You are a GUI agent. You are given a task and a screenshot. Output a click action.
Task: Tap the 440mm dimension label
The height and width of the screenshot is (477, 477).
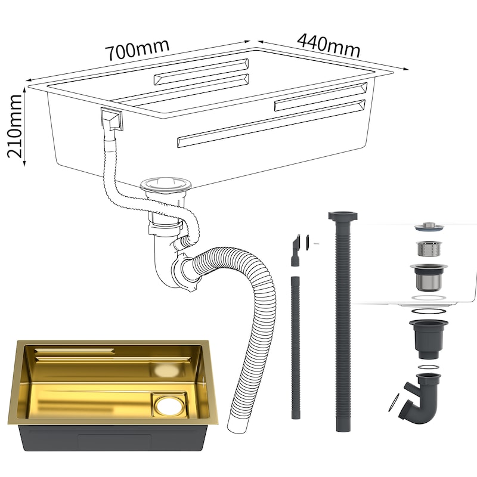[329, 46]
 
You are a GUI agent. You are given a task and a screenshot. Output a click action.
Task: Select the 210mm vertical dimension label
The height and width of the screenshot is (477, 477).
[14, 126]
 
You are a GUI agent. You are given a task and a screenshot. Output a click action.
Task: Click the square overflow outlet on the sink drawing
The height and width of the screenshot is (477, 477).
[111, 120]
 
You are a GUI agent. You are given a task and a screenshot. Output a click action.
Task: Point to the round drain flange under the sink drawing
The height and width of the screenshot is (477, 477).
[166, 184]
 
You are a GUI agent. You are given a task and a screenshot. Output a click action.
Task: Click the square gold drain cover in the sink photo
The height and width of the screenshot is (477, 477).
[169, 404]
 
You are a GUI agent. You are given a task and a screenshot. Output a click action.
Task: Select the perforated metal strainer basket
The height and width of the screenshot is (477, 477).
[429, 249]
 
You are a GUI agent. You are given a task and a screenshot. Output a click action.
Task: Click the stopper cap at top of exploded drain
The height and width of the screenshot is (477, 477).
[429, 227]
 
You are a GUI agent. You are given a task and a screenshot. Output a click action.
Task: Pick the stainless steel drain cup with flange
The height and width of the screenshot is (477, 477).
[429, 276]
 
